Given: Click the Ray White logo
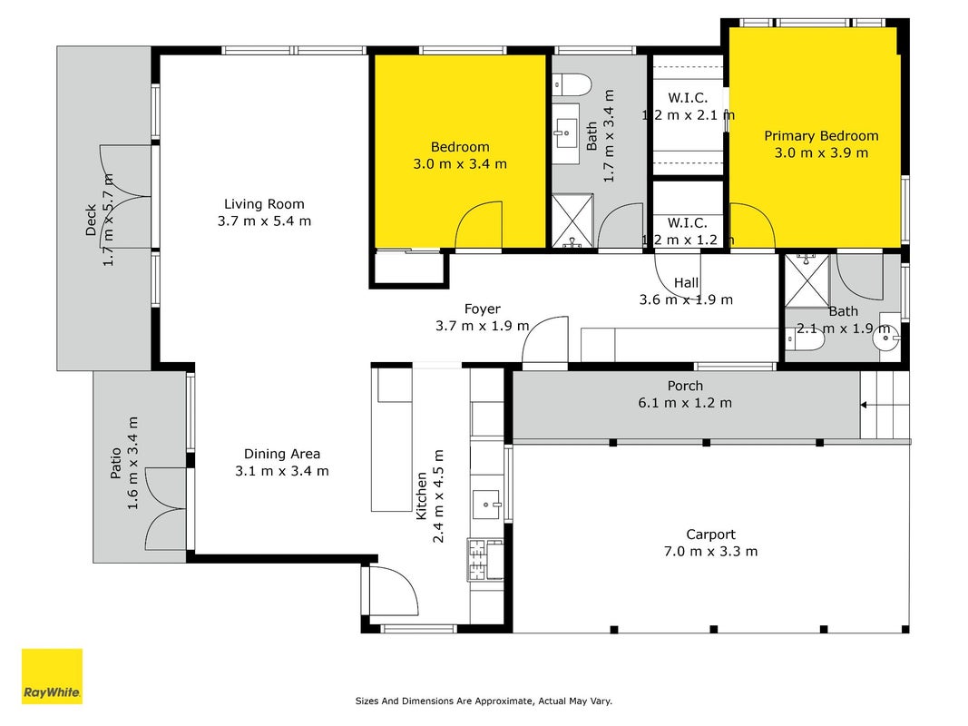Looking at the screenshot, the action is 52,676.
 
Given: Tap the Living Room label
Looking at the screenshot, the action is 264,204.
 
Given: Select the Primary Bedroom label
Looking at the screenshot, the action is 821,136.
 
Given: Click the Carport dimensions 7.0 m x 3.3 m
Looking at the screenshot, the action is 710,551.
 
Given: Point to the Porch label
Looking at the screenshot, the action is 685,386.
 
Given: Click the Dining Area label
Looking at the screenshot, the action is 282,455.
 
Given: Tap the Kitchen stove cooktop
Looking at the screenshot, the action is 476,560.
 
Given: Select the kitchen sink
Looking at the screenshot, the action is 488,505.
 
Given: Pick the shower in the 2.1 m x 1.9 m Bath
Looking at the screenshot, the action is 807,280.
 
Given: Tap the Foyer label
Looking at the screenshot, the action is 482,309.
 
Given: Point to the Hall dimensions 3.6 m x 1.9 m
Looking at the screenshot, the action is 686,300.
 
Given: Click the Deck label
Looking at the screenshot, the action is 91,221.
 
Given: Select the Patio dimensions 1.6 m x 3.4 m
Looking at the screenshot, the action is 132,463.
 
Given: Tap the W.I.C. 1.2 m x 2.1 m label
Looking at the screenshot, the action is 688,106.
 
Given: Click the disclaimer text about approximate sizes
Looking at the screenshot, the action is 484,701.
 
